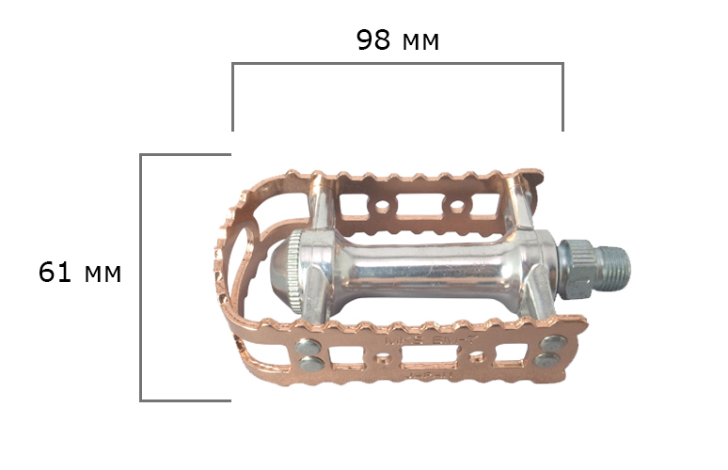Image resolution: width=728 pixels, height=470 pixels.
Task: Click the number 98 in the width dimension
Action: [x=372, y=40]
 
